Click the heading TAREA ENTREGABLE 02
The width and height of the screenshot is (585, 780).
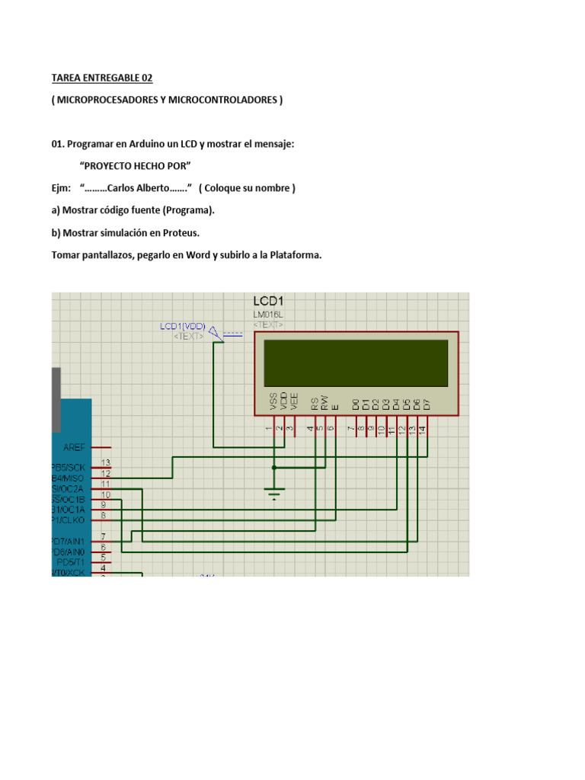[x=102, y=78]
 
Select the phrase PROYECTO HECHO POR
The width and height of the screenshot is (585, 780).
[x=135, y=165]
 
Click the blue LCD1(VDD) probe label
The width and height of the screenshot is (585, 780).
[x=182, y=326]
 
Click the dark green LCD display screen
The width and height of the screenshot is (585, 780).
[x=356, y=363]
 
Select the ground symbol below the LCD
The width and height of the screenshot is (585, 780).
[x=274, y=492]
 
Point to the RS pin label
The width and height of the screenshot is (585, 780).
[x=314, y=402]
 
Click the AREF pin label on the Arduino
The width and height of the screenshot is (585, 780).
[x=74, y=448]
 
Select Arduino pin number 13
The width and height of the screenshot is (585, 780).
[x=106, y=462]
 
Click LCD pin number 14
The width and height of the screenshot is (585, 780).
[x=421, y=430]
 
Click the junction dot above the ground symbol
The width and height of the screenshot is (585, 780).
[x=274, y=467]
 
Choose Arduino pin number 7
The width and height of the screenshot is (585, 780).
[x=103, y=537]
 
